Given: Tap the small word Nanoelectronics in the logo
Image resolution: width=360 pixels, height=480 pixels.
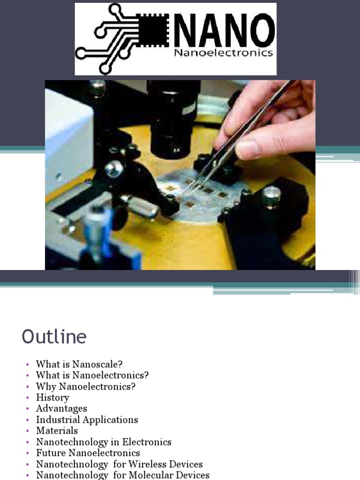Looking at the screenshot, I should tap(223, 53).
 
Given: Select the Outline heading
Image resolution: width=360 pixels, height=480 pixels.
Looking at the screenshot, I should tap(54, 337).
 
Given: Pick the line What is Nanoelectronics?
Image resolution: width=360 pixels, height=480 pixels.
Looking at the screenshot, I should tap(92, 375).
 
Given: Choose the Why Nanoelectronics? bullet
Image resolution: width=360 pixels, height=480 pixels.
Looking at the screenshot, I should tap(86, 387).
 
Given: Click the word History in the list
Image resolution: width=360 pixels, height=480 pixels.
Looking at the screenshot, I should tap(52, 397).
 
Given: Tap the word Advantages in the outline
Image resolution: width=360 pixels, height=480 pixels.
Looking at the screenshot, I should tap(61, 409).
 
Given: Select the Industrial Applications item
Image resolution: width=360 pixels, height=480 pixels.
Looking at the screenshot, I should tap(87, 420).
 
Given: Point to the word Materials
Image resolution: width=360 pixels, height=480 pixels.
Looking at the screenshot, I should tap(57, 430).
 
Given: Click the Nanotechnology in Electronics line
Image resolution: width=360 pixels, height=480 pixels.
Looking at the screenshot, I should tap(104, 442).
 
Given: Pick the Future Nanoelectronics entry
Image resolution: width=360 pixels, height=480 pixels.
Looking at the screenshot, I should tap(88, 453).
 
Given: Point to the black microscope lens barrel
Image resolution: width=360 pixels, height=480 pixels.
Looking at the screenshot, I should tap(171, 117).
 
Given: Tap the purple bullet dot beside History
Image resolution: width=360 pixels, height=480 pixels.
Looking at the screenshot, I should tap(27, 398).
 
